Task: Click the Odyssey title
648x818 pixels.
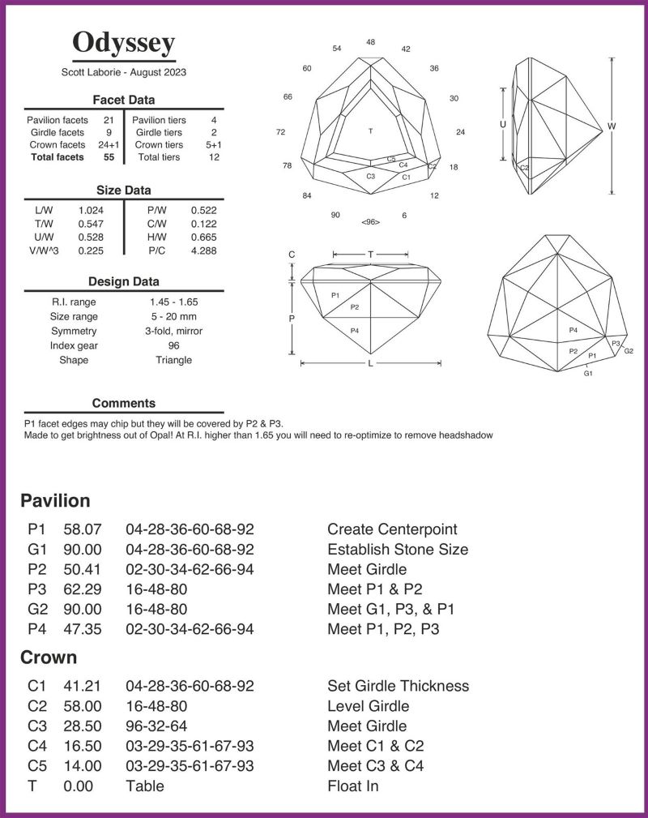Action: point(123,43)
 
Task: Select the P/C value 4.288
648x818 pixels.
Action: point(203,251)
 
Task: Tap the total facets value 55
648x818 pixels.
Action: point(109,157)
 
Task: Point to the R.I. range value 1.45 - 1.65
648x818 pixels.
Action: point(173,302)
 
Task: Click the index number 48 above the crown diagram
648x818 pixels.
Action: point(370,41)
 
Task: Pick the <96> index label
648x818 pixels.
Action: point(370,221)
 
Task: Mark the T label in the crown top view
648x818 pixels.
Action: point(370,131)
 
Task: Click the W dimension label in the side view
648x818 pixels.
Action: point(611,126)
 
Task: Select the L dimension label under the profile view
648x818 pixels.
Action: point(370,364)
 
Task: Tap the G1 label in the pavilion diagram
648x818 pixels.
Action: point(588,373)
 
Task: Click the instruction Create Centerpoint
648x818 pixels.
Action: point(392,529)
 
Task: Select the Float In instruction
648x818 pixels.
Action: point(353,786)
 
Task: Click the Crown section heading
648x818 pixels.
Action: point(49,657)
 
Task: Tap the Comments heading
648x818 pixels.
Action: point(124,403)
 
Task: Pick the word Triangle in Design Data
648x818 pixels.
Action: point(173,360)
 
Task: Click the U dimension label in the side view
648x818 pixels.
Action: point(503,125)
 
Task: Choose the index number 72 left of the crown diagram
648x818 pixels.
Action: point(280,132)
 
